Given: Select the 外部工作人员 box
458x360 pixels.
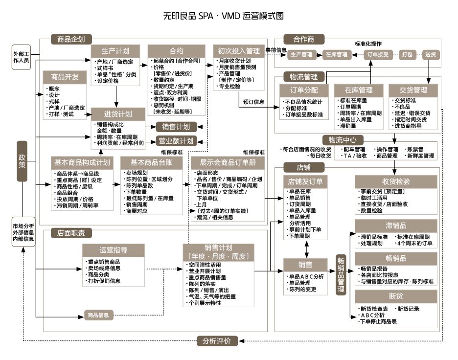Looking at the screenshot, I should (x=22, y=56).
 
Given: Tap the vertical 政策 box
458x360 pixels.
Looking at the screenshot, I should (x=22, y=161).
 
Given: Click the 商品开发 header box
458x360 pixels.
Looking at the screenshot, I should (x=64, y=77).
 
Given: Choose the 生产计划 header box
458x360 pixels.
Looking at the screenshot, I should (x=115, y=51).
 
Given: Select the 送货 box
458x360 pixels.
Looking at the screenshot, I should (x=430, y=54).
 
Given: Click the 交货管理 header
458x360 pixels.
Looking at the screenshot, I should (x=414, y=90).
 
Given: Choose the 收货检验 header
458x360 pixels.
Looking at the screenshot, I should (x=396, y=181).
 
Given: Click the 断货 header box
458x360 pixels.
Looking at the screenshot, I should (x=396, y=296).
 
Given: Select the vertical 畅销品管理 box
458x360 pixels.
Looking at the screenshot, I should (x=342, y=274).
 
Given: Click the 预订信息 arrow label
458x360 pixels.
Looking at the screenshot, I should (x=253, y=102).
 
